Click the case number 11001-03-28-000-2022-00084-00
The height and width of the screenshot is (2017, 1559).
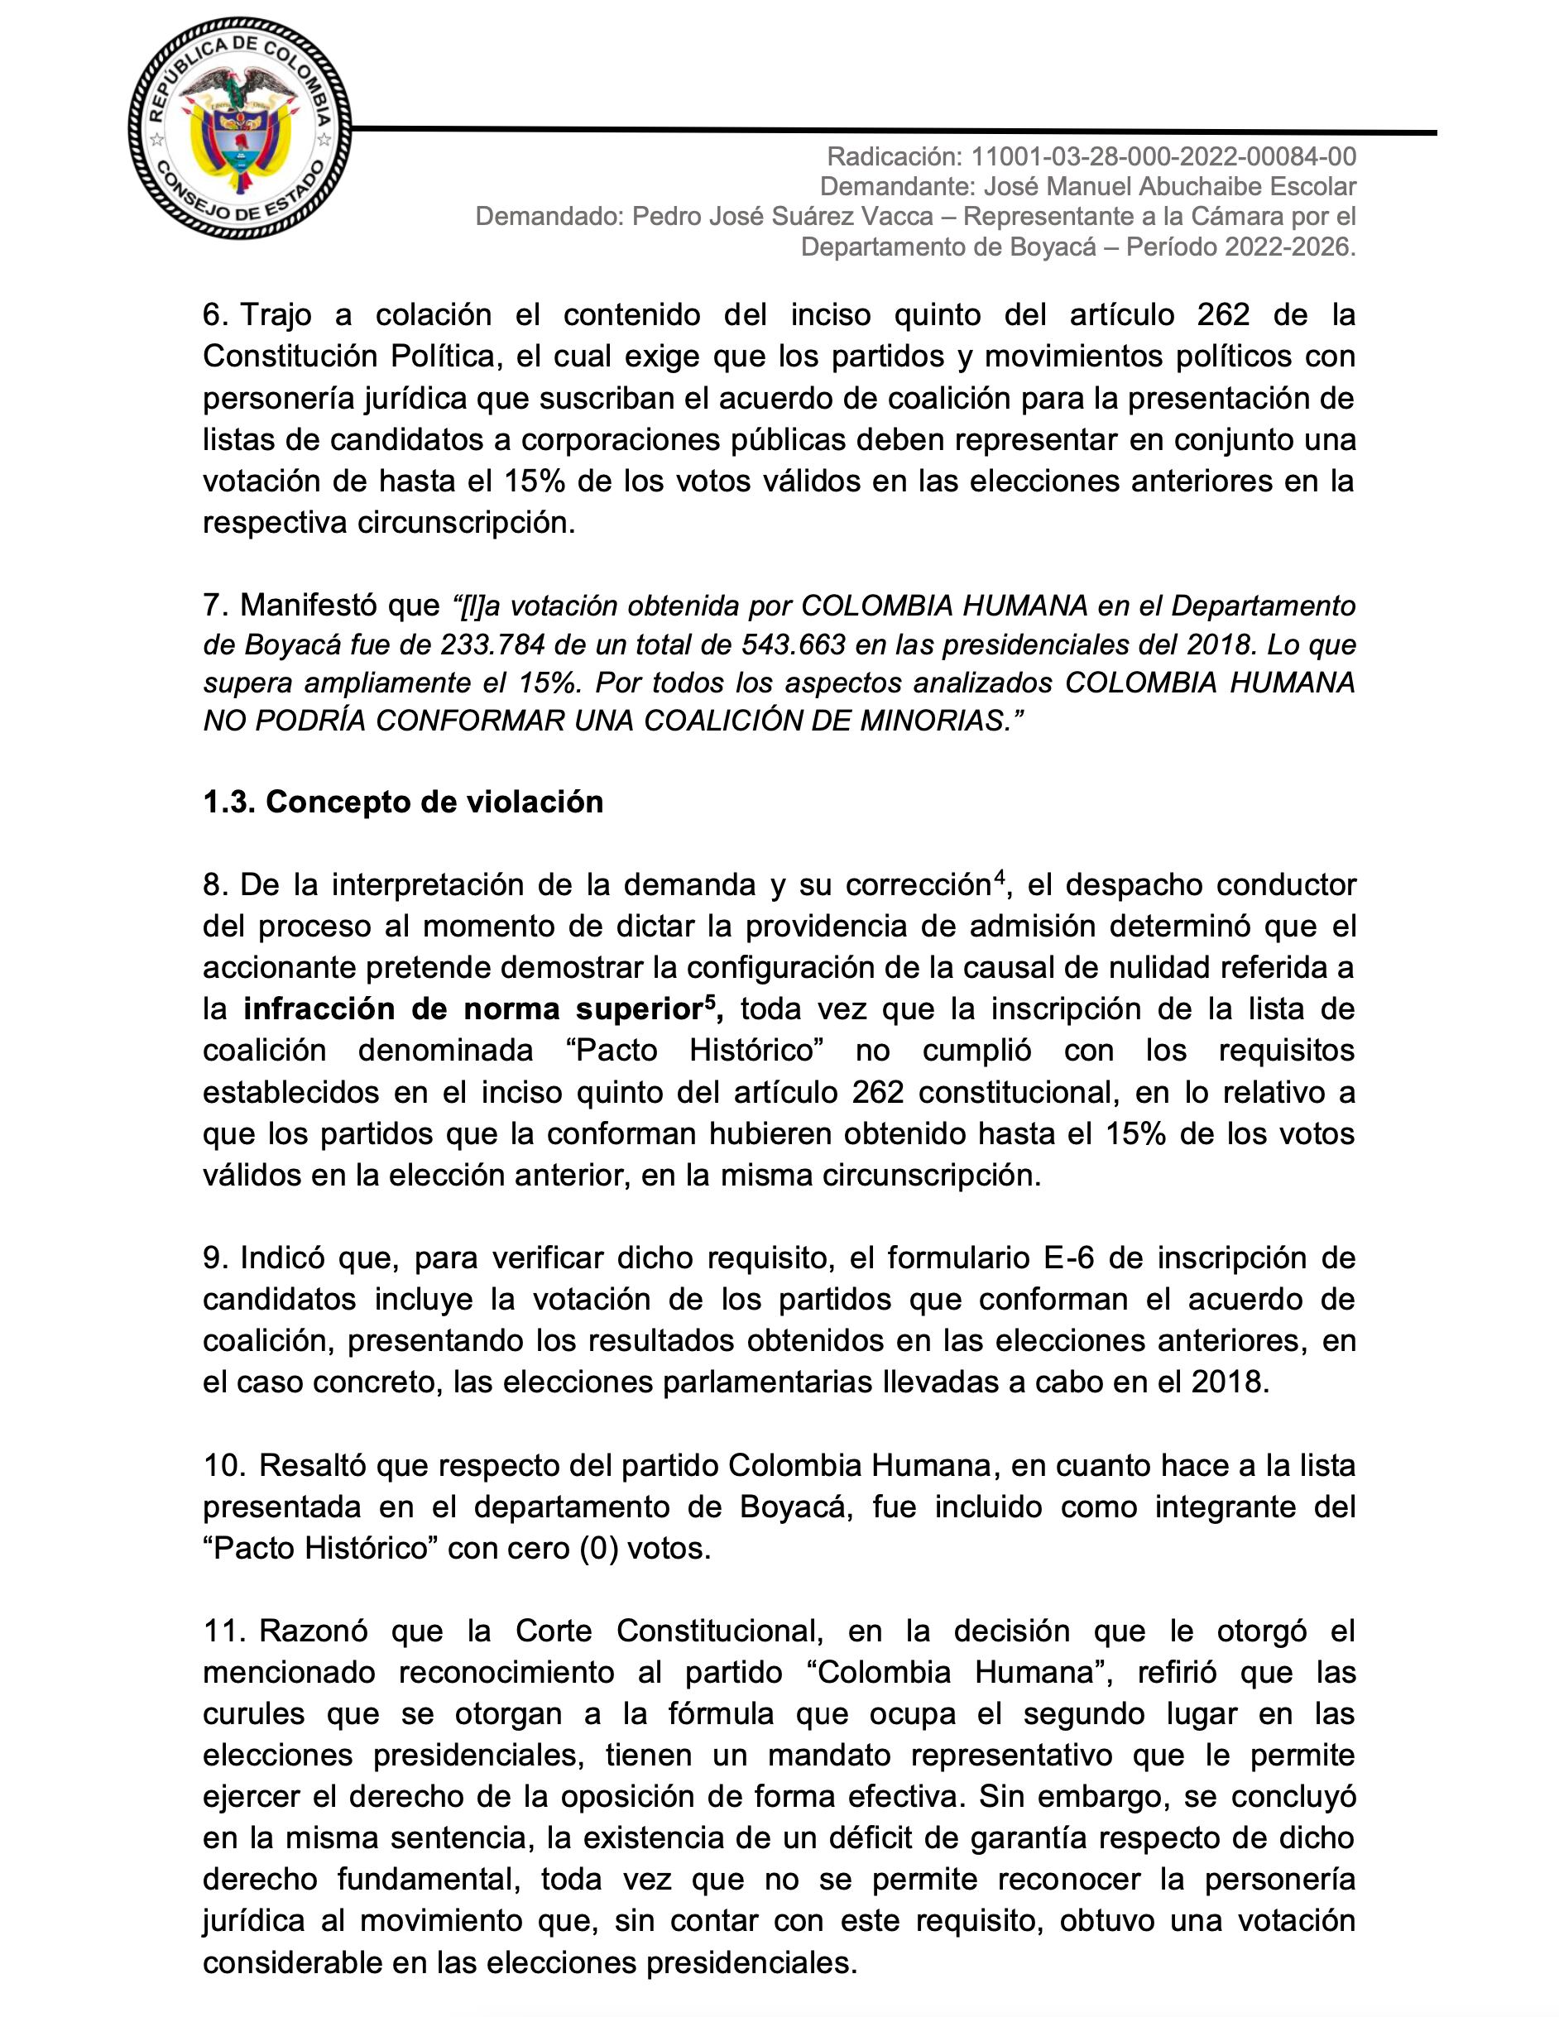(1163, 157)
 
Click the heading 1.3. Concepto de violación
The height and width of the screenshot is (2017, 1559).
(403, 801)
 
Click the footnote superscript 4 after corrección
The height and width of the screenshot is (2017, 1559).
(997, 879)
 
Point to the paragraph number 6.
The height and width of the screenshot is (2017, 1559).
(215, 315)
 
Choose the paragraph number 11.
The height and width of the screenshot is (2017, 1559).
(223, 1631)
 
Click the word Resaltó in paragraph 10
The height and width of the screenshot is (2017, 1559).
(311, 1464)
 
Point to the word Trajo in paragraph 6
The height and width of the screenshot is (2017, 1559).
(277, 315)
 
